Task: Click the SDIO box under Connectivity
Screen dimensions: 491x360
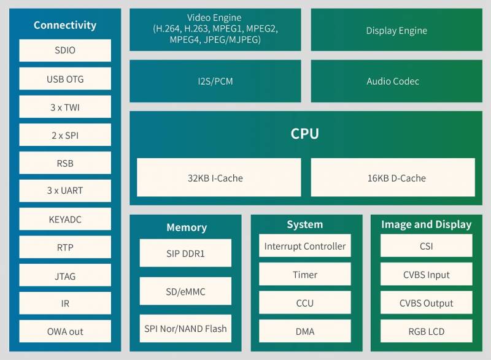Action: [x=65, y=50]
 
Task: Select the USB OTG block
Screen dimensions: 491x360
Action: [x=65, y=79]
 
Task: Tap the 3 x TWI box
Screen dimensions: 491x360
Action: [x=65, y=107]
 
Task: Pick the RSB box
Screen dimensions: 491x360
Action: [x=65, y=163]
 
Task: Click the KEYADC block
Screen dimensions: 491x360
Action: [x=65, y=219]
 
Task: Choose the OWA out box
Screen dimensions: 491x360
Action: [x=65, y=331]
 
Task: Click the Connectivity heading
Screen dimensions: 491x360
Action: [x=65, y=25]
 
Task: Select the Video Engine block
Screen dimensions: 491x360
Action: [x=215, y=29]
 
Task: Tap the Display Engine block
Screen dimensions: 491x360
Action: [x=396, y=29]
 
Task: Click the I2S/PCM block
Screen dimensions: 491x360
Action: [x=215, y=81]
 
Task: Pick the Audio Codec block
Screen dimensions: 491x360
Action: [x=396, y=81]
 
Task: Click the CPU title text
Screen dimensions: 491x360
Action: [x=304, y=134]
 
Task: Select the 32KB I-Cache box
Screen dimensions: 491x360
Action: [x=219, y=177]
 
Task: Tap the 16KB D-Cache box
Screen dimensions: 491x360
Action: [x=393, y=177]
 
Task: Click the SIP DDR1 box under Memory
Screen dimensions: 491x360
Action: [x=185, y=253]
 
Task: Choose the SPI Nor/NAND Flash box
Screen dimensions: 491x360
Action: [x=185, y=328]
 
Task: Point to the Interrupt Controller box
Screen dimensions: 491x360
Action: [x=305, y=246]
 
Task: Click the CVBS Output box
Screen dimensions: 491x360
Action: [x=427, y=303]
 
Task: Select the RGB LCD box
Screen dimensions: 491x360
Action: [x=427, y=331]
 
